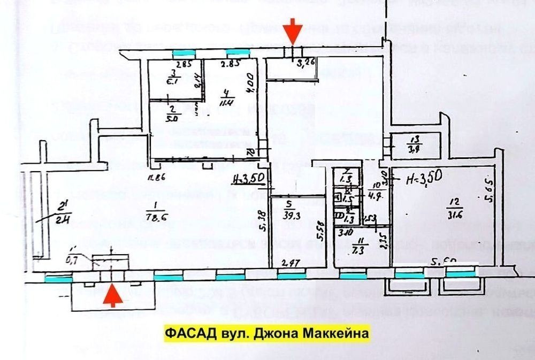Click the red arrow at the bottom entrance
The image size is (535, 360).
pyautogui.click(x=111, y=296)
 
